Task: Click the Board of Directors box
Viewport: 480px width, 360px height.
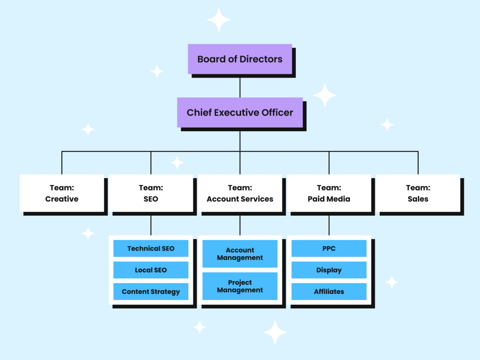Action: pos(240,59)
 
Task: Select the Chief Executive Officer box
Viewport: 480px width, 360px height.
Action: pos(240,112)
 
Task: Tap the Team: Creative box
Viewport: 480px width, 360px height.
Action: pos(62,193)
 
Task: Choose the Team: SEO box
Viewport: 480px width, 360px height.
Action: pos(151,193)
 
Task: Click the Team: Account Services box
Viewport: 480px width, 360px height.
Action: pos(240,193)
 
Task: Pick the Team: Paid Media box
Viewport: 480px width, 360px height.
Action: pos(329,193)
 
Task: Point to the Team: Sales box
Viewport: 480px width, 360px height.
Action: pos(418,193)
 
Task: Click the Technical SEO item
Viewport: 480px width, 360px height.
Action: pos(151,248)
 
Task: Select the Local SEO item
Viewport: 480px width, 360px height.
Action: pos(151,270)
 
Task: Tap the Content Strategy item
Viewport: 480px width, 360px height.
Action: pos(151,292)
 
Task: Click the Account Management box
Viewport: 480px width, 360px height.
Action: pos(240,254)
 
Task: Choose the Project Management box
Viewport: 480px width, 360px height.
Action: pos(240,286)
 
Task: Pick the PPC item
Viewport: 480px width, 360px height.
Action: pos(329,248)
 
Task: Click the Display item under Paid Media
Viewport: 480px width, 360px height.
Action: pos(329,270)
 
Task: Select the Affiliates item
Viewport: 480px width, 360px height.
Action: pos(329,292)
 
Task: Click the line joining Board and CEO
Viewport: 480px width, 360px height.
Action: pos(240,88)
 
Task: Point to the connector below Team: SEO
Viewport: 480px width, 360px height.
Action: pos(151,225)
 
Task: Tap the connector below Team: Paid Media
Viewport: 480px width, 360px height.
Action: pos(329,225)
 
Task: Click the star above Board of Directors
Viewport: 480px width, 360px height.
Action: pos(219,19)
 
